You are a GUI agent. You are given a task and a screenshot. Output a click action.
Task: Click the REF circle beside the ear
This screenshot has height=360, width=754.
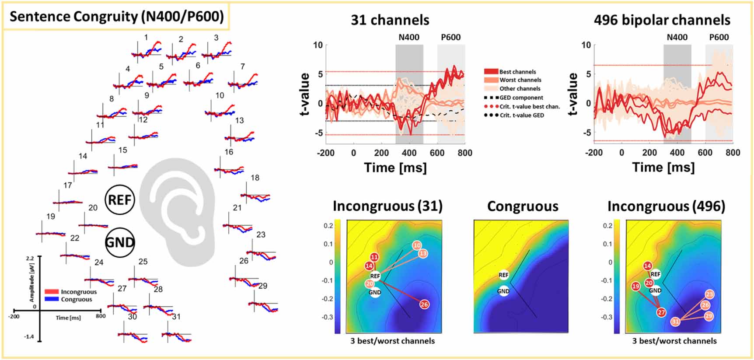[120, 200]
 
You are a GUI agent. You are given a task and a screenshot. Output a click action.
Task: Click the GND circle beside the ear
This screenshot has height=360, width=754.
[120, 242]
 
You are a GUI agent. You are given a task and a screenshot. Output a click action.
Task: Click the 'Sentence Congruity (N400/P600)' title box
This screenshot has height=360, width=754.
[116, 17]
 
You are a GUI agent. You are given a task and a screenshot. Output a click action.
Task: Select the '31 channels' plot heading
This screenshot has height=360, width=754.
[390, 20]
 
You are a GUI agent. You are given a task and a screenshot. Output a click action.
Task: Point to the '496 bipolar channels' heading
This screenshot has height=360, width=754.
[662, 20]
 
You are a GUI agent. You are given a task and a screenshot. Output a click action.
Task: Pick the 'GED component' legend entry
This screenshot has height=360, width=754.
[521, 98]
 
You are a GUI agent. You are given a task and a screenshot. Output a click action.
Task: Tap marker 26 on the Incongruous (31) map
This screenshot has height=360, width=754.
[424, 304]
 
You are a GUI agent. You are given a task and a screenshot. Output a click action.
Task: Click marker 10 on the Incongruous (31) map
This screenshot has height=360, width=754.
[417, 246]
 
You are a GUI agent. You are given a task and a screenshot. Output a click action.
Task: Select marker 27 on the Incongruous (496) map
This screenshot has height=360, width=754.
[661, 312]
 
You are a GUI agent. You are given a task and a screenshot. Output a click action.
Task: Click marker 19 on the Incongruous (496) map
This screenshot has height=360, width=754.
[636, 287]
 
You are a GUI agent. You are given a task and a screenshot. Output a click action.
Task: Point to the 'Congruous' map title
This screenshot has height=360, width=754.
[523, 206]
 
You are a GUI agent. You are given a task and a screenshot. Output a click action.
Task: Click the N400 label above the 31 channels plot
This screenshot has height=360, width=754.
[409, 37]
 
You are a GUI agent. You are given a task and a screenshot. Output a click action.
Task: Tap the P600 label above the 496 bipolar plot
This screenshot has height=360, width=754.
[719, 37]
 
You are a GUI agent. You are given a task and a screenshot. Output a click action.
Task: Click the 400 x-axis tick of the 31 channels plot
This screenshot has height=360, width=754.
[409, 153]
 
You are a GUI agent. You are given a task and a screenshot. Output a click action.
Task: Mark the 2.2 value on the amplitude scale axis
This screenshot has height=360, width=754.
[29, 259]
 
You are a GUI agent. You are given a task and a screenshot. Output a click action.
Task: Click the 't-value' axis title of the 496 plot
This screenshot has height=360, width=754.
[573, 94]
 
